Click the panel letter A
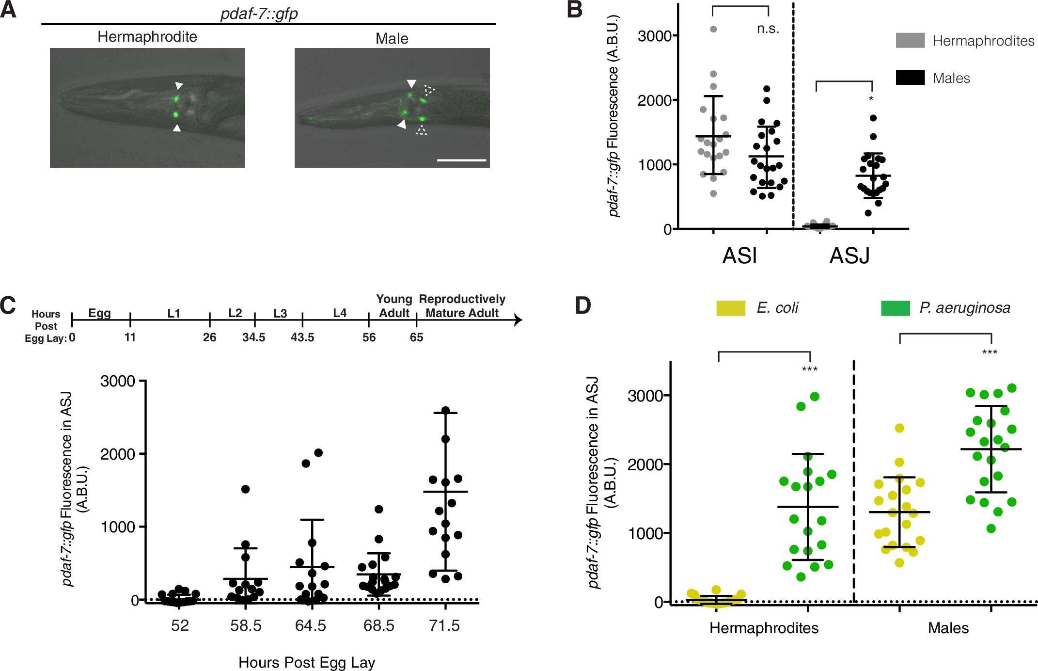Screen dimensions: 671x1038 coord(8,10)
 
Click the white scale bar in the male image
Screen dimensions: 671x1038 coord(461,160)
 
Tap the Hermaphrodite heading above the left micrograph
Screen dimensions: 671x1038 coord(147,37)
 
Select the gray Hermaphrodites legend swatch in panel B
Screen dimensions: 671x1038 coord(910,40)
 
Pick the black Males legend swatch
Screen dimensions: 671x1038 coord(910,78)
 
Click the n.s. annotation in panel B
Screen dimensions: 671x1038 coord(768,29)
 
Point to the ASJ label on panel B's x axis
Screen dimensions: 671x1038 coord(849,256)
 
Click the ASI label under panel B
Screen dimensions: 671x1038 coord(739,256)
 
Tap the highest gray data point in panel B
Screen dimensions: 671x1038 coord(713,29)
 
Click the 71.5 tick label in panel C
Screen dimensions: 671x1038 coord(444,625)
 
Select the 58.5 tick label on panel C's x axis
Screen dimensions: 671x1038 coord(246,625)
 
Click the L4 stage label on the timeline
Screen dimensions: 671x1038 coord(340,313)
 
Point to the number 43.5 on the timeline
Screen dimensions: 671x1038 coord(302,337)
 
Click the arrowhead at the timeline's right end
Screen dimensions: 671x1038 coord(519,320)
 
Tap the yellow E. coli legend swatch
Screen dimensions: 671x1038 coord(731,308)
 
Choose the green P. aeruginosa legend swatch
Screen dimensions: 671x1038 coord(895,308)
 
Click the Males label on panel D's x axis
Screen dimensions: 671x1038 coord(948,628)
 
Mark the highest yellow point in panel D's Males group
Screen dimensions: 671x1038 coord(899,428)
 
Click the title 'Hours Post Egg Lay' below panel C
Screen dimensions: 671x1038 coord(307,662)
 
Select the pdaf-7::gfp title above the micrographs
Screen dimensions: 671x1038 coord(259,14)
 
